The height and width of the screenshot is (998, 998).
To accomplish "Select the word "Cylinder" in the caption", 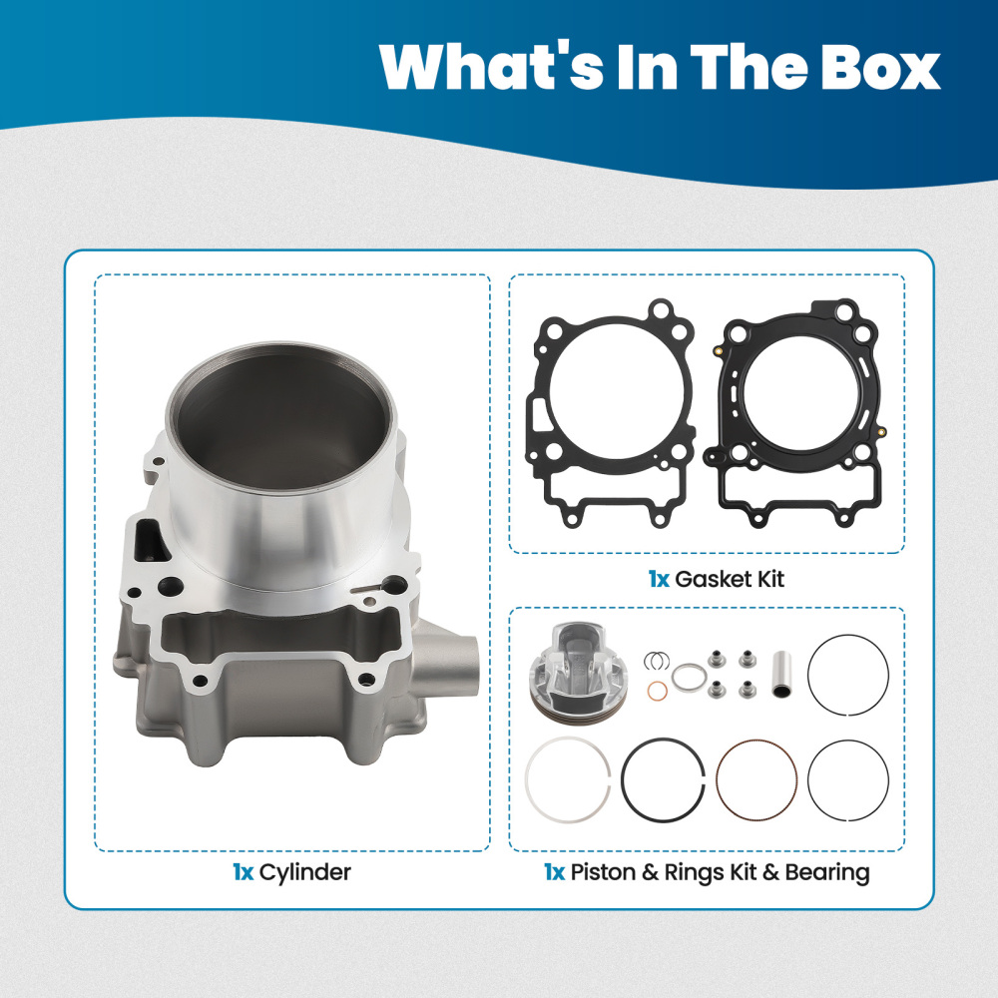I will (304, 872).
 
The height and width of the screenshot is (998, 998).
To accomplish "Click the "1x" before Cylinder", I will (243, 872).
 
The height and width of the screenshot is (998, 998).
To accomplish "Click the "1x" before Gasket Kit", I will (657, 579).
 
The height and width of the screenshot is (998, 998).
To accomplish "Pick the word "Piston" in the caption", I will (603, 872).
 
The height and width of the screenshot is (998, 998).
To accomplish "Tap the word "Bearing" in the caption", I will (827, 872).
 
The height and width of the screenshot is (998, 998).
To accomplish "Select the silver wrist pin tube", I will (783, 674).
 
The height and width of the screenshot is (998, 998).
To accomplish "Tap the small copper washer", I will (658, 693).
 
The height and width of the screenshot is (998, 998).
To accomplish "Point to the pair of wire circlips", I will (656, 661).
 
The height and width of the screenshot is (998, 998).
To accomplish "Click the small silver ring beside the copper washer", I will (685, 677).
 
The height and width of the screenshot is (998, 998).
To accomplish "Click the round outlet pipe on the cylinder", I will (460, 665).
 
